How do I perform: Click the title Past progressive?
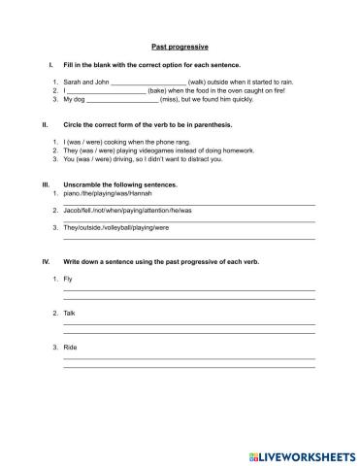coord(180,46)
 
